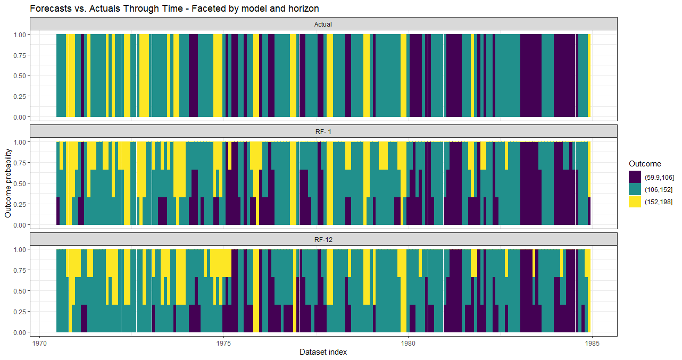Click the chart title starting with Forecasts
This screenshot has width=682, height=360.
point(174,9)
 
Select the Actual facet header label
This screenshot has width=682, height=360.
point(323,24)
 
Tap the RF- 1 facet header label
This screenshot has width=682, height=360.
point(323,131)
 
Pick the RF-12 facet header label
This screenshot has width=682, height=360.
point(323,240)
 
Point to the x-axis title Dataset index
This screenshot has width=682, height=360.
point(323,352)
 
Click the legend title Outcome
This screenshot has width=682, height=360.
point(645,163)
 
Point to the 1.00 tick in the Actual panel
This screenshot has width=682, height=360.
point(20,34)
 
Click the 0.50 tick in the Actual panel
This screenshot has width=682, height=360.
point(20,76)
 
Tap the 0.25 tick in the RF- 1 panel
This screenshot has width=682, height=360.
point(20,204)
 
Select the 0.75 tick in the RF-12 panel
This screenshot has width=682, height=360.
point(20,270)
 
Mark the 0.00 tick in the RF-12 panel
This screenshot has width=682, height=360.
point(20,332)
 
